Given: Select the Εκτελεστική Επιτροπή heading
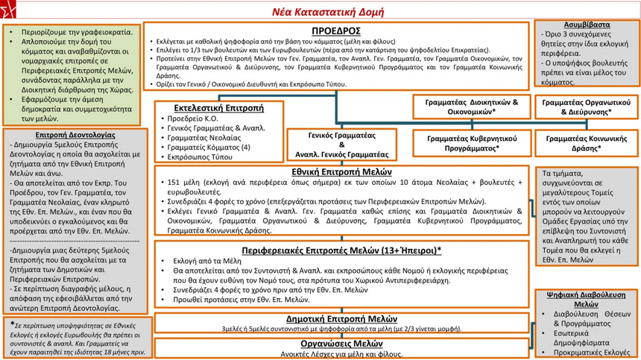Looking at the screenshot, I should pos(220,107).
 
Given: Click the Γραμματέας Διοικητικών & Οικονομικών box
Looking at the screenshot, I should pos(471,107).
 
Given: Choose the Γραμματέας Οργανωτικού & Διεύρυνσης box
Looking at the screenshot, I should pos(587,107).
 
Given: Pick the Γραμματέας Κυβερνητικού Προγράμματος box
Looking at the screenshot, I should pos(471,143).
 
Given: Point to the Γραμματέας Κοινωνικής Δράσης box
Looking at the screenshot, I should pos(587,143).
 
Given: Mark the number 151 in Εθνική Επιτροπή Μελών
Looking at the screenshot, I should pos(174,182).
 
